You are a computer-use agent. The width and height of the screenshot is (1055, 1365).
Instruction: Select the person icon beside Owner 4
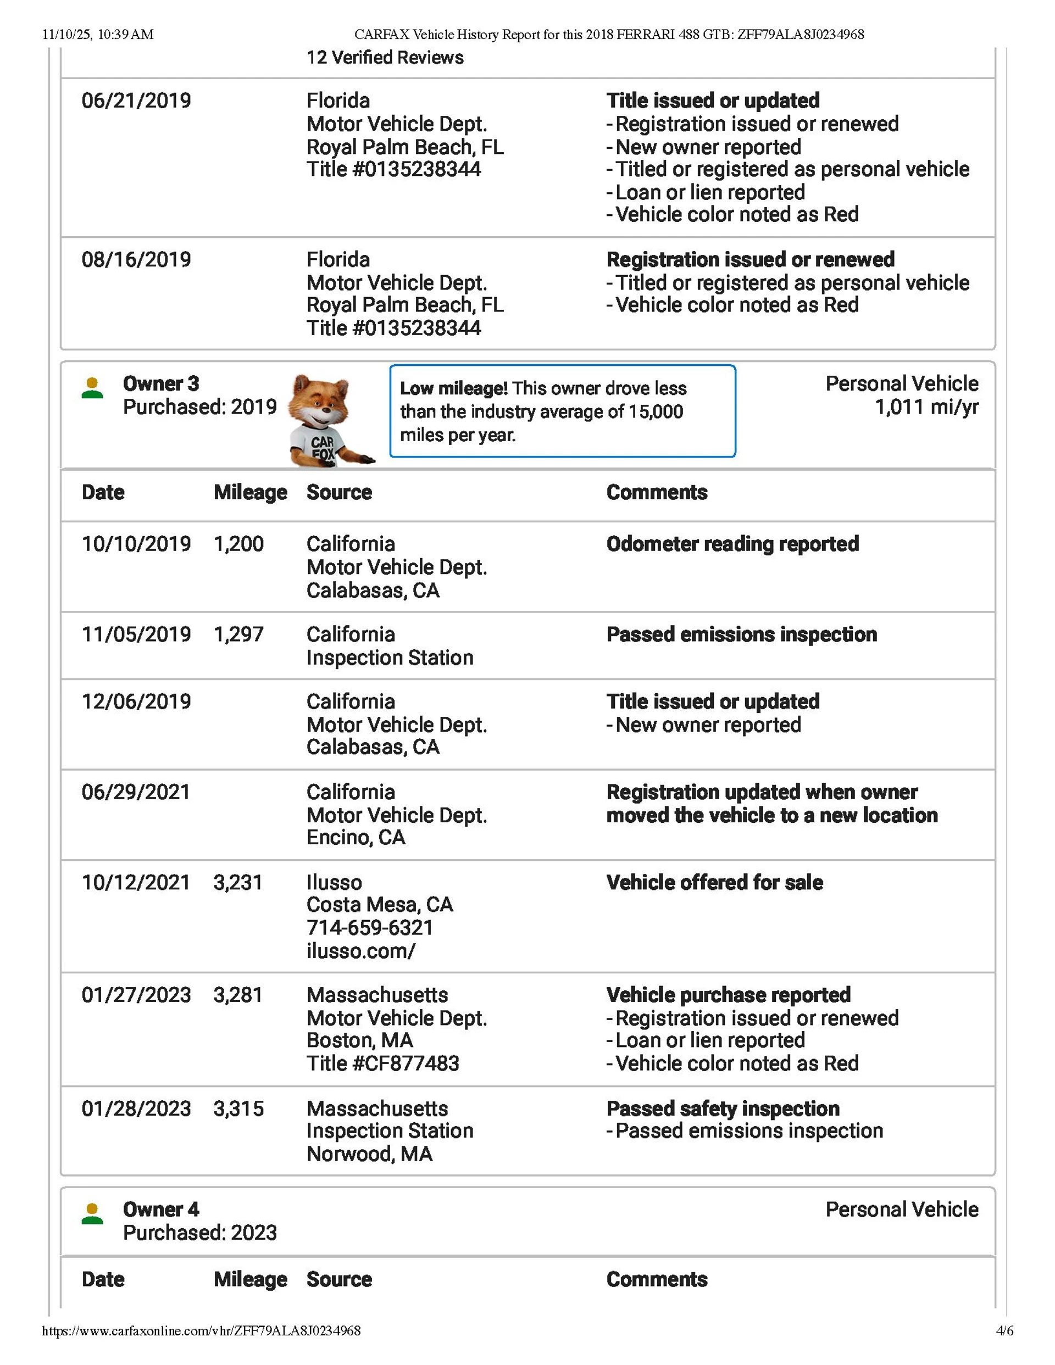click(92, 1214)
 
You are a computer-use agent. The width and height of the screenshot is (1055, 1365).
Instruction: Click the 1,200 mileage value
click(238, 544)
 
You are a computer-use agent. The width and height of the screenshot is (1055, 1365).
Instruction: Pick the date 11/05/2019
click(136, 634)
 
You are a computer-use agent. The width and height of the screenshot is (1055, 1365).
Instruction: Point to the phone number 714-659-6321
click(370, 928)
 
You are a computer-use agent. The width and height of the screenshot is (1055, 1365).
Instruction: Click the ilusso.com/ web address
click(361, 951)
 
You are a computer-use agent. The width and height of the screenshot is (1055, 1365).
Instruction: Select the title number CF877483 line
click(383, 1063)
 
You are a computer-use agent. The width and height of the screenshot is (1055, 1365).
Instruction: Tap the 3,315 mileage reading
click(238, 1108)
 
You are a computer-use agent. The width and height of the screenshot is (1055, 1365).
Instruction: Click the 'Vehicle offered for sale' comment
click(714, 883)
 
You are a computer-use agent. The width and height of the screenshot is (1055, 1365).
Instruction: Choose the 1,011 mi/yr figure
click(926, 408)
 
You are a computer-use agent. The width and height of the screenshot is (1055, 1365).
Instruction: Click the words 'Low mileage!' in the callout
click(453, 389)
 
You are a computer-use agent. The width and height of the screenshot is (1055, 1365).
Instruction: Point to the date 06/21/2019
click(136, 101)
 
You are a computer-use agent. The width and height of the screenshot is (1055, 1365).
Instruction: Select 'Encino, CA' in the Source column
click(356, 838)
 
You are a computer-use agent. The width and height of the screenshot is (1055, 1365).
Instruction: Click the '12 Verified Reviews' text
click(385, 58)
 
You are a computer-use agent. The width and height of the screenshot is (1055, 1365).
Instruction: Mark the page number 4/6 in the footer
click(1004, 1330)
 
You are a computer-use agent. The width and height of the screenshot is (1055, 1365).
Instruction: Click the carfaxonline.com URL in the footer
click(201, 1330)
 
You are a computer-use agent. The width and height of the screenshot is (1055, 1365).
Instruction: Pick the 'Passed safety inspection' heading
click(723, 1108)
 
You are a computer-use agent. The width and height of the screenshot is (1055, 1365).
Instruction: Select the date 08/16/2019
click(136, 259)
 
